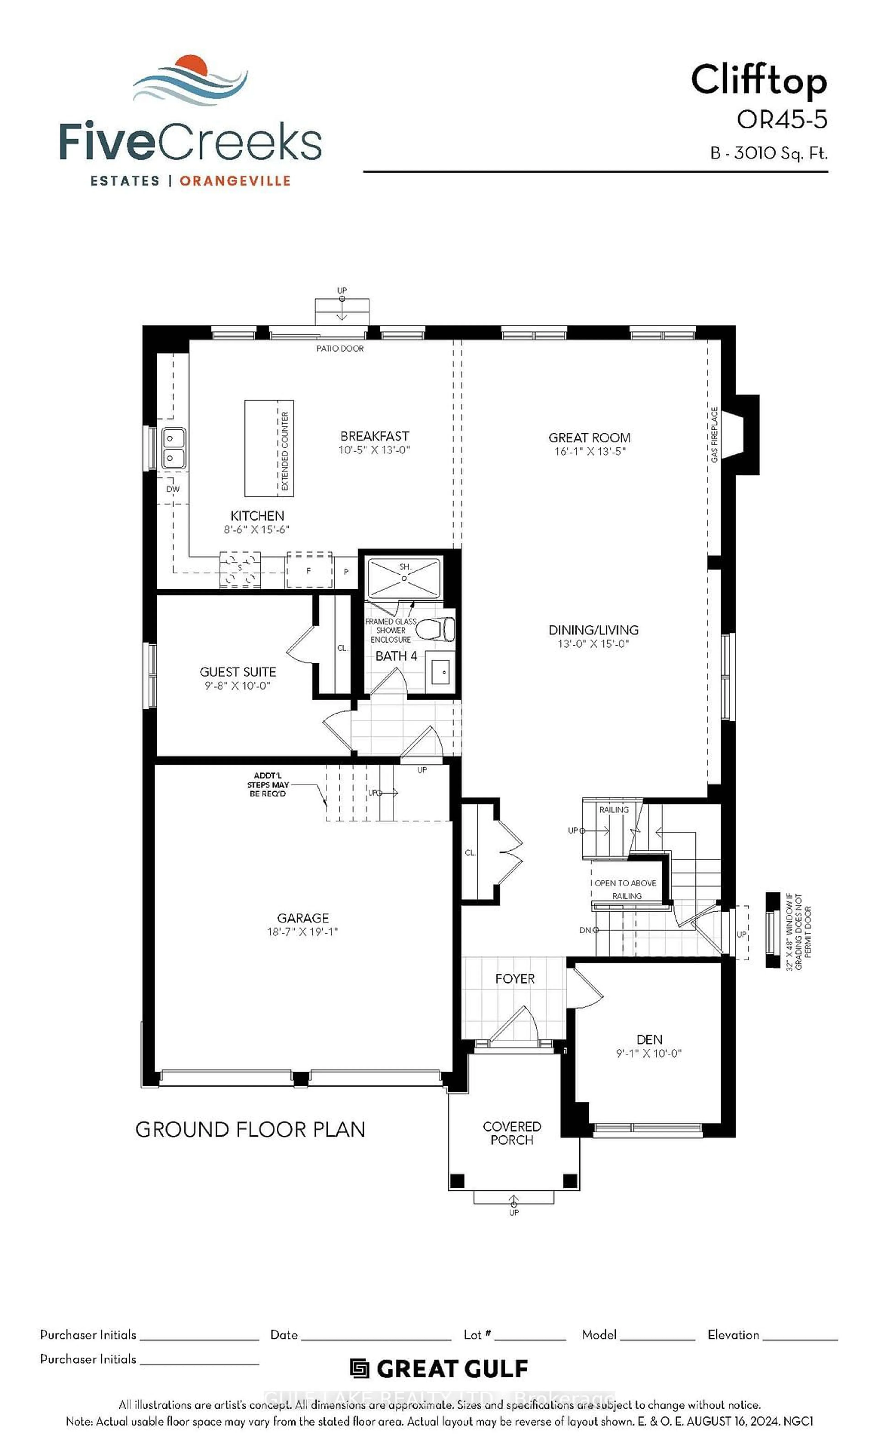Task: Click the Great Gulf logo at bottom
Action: tap(439, 1369)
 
